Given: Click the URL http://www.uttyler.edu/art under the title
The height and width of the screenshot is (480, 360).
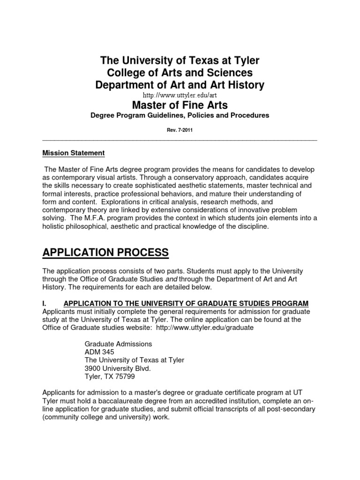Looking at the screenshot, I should [180, 96].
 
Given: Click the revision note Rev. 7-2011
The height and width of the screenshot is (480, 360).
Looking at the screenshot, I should [180, 131].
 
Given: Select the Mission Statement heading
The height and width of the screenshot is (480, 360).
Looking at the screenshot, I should [74, 153].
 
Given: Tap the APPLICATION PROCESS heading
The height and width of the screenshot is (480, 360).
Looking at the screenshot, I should [105, 253].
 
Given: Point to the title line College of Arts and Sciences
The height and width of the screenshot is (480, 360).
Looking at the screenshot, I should [180, 73].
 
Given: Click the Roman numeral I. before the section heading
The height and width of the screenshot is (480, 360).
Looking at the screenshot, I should [45, 303].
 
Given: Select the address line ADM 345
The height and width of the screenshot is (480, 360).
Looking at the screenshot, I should [99, 352].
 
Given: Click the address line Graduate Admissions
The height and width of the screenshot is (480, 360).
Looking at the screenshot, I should [118, 344].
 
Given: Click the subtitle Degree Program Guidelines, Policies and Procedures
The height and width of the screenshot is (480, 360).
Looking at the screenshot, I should [180, 115].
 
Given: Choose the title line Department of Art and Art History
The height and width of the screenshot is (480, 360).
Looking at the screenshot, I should [180, 85].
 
